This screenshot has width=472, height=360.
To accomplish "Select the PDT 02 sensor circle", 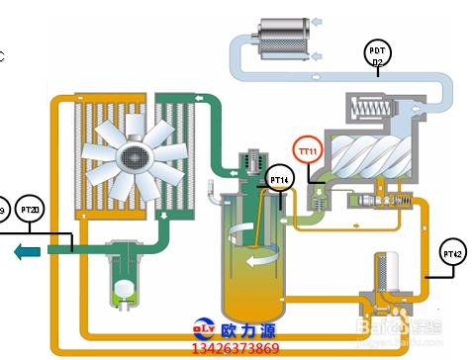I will tap(377, 54).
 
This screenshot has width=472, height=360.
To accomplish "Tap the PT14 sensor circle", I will tap(280, 180).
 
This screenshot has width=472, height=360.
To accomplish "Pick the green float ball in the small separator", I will tap(126, 289).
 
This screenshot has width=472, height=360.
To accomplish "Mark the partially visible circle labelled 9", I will tap(3, 211).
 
